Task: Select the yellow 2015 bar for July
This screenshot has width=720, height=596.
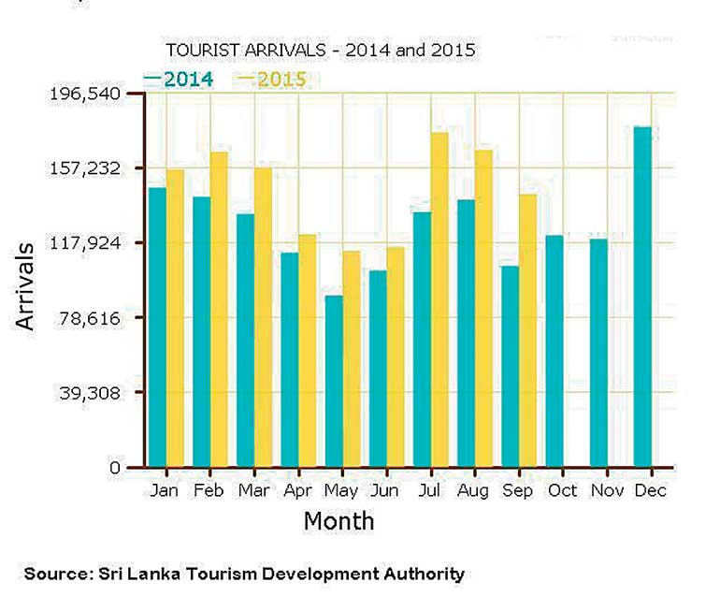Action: click(x=439, y=299)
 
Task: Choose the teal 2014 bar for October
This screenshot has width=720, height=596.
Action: click(x=554, y=351)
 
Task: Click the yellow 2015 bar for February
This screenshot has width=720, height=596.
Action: click(x=219, y=309)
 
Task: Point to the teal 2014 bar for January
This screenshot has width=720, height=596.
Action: click(x=157, y=327)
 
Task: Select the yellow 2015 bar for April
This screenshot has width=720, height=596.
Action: click(x=307, y=350)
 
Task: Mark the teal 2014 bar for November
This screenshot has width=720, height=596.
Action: click(x=598, y=353)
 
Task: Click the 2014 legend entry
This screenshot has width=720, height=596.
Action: click(x=179, y=80)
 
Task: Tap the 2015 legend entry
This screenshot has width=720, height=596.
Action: click(x=272, y=80)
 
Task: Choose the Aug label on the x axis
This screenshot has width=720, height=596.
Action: click(x=474, y=491)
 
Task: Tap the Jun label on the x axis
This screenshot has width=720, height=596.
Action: click(x=386, y=491)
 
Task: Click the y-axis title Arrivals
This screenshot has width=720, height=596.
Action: click(x=25, y=286)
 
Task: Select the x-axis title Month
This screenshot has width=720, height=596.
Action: click(x=338, y=520)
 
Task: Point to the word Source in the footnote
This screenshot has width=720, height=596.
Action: click(x=51, y=574)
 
